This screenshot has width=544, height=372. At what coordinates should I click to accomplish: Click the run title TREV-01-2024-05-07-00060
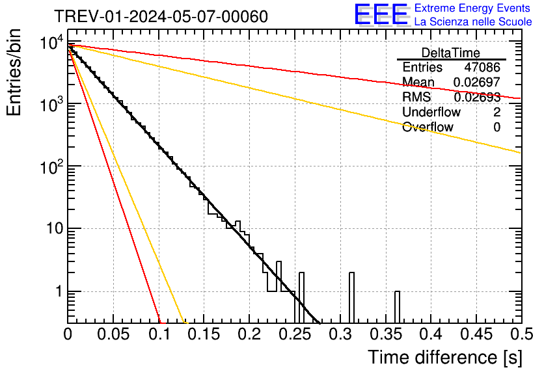(x=160, y=16)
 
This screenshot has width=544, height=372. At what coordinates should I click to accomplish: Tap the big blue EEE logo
(x=381, y=14)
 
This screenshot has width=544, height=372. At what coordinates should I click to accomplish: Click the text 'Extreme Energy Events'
(x=472, y=8)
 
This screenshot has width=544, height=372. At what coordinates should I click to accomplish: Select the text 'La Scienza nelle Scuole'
(x=473, y=21)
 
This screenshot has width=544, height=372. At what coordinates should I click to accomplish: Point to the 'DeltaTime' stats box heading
(x=451, y=53)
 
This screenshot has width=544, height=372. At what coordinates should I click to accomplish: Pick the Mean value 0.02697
(x=476, y=83)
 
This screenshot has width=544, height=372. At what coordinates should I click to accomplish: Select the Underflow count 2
(x=496, y=112)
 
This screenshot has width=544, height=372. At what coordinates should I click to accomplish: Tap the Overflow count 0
(x=496, y=127)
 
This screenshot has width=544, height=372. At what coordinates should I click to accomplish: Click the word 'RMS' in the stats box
(x=416, y=98)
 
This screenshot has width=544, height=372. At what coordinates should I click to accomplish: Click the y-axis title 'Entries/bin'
(x=14, y=72)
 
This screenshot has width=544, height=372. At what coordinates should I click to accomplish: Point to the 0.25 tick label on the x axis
(x=295, y=334)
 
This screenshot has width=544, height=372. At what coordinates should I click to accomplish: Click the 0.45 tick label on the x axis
(x=476, y=334)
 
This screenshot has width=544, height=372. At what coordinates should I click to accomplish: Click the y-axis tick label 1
(x=57, y=292)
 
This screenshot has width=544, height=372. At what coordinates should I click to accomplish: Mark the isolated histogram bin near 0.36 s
(x=397, y=307)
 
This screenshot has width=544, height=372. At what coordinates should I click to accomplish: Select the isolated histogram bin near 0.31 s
(x=351, y=298)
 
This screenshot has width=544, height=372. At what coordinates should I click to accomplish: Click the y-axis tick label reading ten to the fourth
(x=51, y=44)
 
